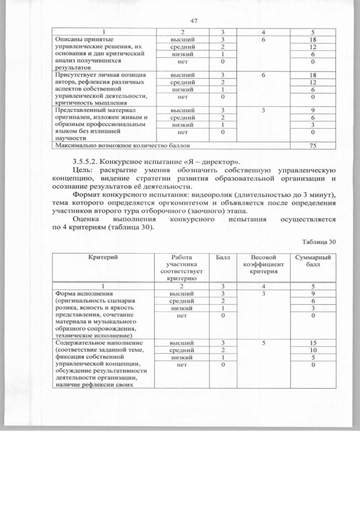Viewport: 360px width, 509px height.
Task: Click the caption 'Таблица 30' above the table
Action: (x=319, y=242)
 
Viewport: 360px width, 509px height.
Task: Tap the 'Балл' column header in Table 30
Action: (x=223, y=257)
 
